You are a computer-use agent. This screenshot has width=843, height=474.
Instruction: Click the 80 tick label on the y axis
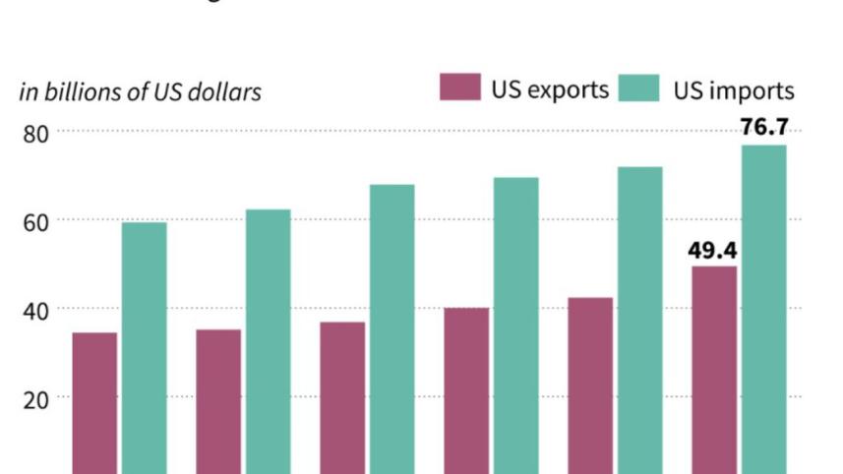click(x=37, y=132)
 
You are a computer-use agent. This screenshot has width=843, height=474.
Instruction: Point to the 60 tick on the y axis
click(x=37, y=220)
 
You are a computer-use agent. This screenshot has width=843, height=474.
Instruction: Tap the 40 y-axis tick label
click(x=37, y=309)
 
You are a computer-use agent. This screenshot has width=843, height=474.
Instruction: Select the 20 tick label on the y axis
click(x=37, y=397)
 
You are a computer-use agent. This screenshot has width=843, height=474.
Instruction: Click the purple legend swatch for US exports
click(x=459, y=89)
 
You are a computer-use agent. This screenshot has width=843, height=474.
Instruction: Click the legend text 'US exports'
click(x=549, y=89)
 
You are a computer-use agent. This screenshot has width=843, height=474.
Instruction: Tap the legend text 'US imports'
click(x=733, y=90)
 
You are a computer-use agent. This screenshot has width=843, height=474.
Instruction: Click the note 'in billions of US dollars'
click(x=140, y=92)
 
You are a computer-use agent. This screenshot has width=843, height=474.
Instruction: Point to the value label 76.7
click(x=764, y=128)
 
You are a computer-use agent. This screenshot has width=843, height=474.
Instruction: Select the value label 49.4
click(x=713, y=251)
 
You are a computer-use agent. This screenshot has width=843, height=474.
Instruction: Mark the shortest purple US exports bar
click(x=94, y=403)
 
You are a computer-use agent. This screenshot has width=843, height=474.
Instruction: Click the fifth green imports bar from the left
click(x=639, y=321)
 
